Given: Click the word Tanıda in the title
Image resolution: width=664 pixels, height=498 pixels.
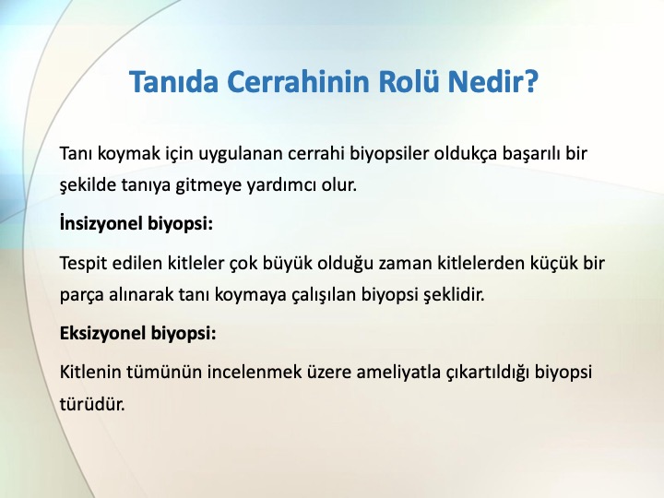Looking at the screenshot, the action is [173, 81].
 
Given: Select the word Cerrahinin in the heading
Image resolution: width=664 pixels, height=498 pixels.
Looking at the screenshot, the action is [299, 81].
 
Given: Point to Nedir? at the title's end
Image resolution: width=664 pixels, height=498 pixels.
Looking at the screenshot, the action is [493, 81].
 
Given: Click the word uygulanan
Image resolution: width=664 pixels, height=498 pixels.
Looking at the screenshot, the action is [241, 154].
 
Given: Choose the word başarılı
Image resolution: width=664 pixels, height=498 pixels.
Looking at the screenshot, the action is [531, 154].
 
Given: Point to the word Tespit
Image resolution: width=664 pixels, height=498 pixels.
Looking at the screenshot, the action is [83, 264].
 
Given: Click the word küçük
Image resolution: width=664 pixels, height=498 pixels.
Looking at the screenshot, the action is [554, 264].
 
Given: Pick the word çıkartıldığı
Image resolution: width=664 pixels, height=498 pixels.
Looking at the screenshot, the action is [488, 373].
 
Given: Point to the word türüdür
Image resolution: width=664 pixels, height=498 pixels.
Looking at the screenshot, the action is [92, 404].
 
